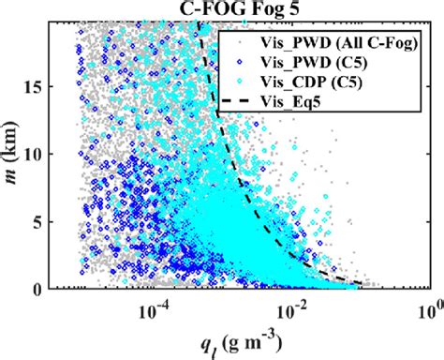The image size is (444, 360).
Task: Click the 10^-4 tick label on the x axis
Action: pos(158,308)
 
